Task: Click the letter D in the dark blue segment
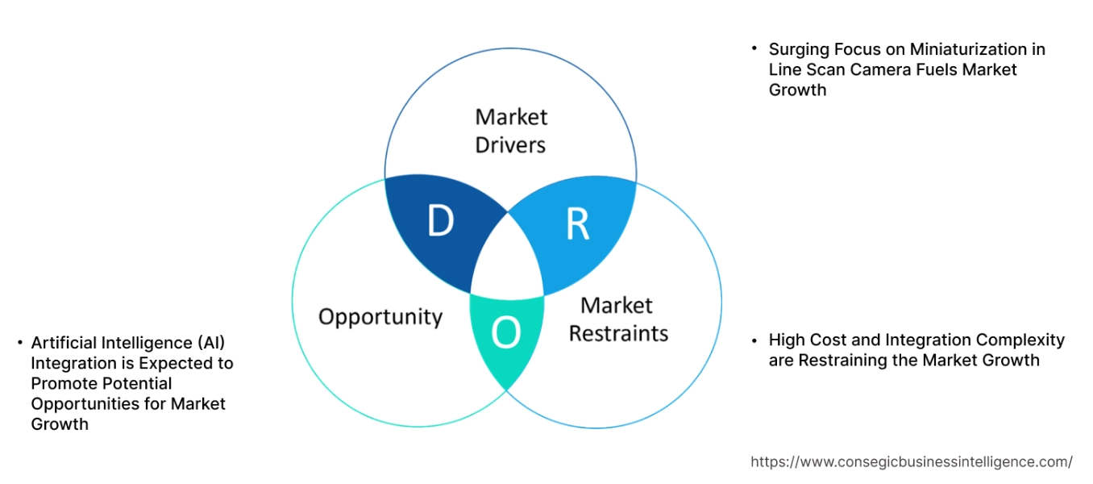point(440,221)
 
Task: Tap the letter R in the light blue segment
point(577,225)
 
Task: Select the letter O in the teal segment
point(505,333)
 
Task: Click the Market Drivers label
point(510,131)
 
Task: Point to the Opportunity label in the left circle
point(380,316)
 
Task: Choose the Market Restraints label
point(618,319)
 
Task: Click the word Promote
point(65,383)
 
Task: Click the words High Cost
point(807,340)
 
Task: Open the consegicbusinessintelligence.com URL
point(911,462)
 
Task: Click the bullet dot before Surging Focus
point(754,48)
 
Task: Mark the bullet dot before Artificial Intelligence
point(19,342)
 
